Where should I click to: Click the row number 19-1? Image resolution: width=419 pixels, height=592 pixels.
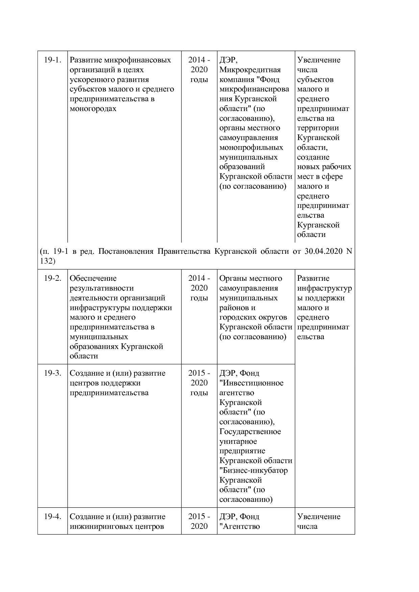[52, 60]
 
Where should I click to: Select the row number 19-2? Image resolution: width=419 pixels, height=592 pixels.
[52, 278]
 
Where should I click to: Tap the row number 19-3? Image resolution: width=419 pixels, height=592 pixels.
[52, 373]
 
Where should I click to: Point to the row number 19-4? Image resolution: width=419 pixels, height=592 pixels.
[52, 517]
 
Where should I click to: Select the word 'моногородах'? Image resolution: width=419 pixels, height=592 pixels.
[93, 109]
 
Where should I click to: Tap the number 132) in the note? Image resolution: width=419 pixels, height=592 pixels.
[47, 261]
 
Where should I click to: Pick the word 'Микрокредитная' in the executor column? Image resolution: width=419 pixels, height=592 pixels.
[250, 70]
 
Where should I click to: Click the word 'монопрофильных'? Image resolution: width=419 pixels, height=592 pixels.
[251, 147]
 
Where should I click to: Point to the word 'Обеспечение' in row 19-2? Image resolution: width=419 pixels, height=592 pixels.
[93, 278]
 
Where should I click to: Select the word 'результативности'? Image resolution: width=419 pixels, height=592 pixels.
[101, 288]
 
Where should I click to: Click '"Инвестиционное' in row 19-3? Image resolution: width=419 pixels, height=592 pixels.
[251, 383]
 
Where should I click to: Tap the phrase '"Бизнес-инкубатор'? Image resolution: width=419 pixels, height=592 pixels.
[253, 470]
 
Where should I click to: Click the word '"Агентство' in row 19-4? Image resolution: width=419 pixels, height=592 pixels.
[240, 527]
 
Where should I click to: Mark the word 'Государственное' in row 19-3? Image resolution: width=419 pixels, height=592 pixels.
[250, 432]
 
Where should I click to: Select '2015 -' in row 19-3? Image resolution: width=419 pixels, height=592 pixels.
[199, 373]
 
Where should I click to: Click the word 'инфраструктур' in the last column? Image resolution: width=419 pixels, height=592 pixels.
[324, 288]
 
